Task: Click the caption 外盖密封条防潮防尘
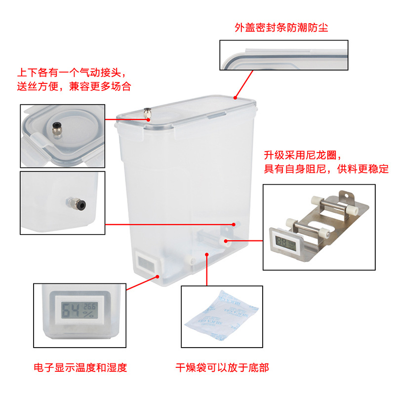pos(281,28)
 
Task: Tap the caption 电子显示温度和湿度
pos(80,367)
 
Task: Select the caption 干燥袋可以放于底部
pos(222,367)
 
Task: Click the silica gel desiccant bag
pos(222,316)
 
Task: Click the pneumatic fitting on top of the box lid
pos(146,113)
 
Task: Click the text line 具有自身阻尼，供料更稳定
pos(326,169)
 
